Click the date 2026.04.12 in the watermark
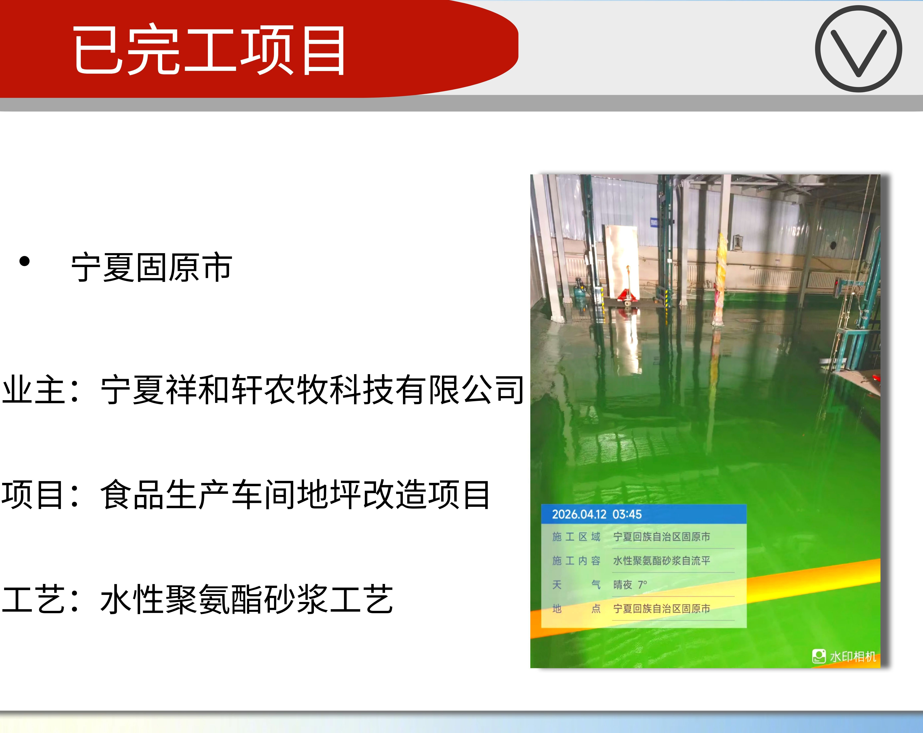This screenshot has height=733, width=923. coord(579,514)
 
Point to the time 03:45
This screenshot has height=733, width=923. coord(627,514)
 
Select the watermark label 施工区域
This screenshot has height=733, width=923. coord(576,537)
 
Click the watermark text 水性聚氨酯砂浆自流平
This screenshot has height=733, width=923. coord(661,561)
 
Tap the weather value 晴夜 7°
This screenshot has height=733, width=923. coord(630,585)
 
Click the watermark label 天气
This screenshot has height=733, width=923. coord(576,585)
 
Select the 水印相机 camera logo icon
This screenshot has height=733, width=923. coord(819,656)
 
